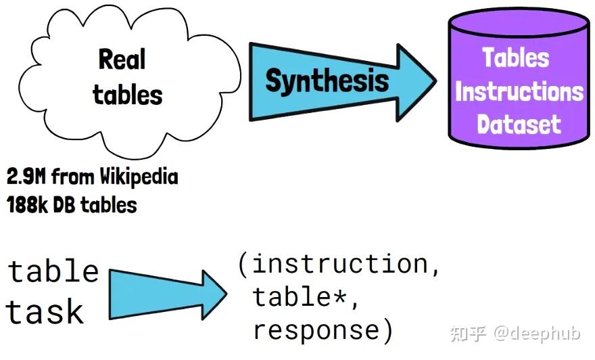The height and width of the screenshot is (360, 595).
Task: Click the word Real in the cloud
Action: (122, 60)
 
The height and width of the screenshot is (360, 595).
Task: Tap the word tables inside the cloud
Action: (128, 95)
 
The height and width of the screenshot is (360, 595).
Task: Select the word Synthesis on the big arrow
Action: (327, 81)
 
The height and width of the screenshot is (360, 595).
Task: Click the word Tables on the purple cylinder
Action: (516, 58)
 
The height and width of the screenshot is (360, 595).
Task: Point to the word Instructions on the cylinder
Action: (519, 91)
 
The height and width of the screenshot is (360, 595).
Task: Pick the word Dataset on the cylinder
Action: (519, 125)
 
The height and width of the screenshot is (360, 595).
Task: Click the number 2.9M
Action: (26, 177)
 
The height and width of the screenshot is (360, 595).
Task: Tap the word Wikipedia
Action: (139, 177)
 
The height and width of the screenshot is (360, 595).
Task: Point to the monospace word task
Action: (45, 312)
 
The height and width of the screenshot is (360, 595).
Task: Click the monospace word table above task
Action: (54, 271)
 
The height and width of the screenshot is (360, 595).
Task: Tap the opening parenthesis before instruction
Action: (243, 263)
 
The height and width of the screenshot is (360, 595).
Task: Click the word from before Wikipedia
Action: (74, 177)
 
